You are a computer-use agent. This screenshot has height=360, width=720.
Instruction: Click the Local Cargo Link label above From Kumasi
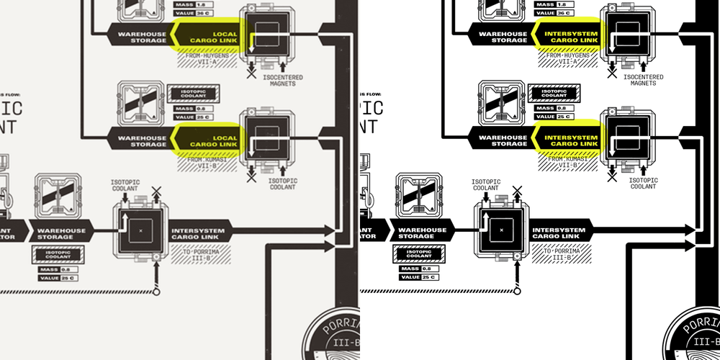212,140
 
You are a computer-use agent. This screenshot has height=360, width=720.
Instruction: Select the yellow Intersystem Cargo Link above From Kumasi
571,140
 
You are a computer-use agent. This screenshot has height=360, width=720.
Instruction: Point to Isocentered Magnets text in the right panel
641,80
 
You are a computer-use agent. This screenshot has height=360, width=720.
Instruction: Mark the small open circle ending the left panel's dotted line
156,292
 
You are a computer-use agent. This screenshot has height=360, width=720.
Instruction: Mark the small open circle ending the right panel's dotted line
516,292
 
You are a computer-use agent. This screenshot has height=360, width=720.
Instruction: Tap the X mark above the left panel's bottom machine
156,191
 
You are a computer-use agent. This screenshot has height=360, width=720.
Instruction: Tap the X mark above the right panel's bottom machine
516,191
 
